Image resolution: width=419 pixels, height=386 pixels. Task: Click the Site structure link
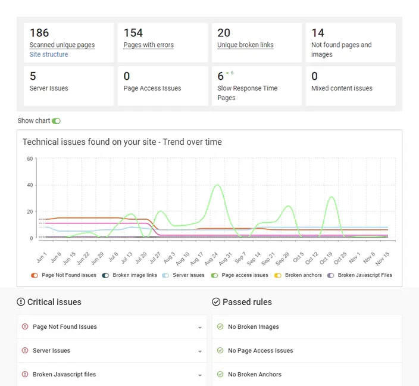49,54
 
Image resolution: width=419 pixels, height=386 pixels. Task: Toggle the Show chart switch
56,121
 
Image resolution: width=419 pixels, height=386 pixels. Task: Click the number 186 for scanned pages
39,33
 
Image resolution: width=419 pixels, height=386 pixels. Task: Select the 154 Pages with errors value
133,33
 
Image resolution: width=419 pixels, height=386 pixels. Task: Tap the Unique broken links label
245,45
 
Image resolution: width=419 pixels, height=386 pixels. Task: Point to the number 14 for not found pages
318,33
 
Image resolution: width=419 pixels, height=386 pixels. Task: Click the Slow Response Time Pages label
248,93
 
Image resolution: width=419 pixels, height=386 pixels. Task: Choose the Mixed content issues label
342,88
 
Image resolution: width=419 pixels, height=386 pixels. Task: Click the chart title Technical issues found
122,142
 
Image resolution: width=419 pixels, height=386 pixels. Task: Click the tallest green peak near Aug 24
218,185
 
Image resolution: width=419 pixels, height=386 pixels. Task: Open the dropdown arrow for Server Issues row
200,351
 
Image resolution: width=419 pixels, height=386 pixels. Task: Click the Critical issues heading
54,302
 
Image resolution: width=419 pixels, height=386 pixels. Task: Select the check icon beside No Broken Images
220,327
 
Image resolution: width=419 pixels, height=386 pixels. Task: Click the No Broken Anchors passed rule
254,375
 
